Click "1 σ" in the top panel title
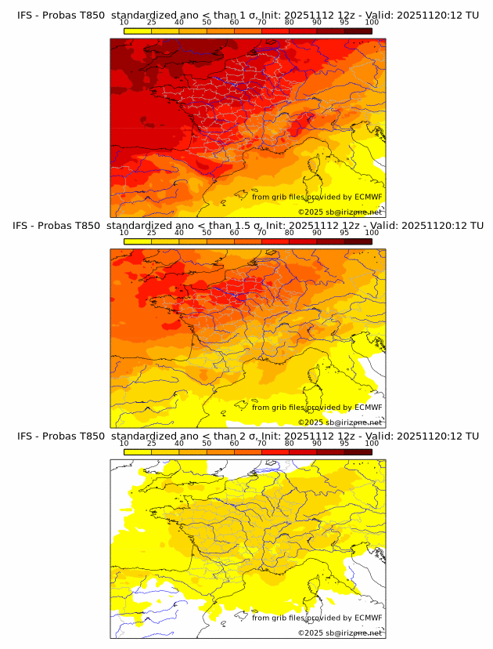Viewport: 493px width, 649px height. click(253, 15)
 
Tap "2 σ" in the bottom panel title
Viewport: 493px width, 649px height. click(253, 436)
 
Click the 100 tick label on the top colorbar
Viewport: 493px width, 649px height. click(372, 23)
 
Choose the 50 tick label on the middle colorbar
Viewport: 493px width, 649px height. click(207, 233)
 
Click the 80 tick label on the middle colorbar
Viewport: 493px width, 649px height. click(290, 233)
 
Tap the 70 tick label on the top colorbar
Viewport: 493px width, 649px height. click(262, 23)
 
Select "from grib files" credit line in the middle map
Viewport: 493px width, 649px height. click(277, 408)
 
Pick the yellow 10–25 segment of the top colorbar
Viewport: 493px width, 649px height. click(138, 31)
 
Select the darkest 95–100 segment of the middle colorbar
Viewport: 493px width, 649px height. click(358, 241)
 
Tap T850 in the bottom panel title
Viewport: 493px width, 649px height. click(90, 436)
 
